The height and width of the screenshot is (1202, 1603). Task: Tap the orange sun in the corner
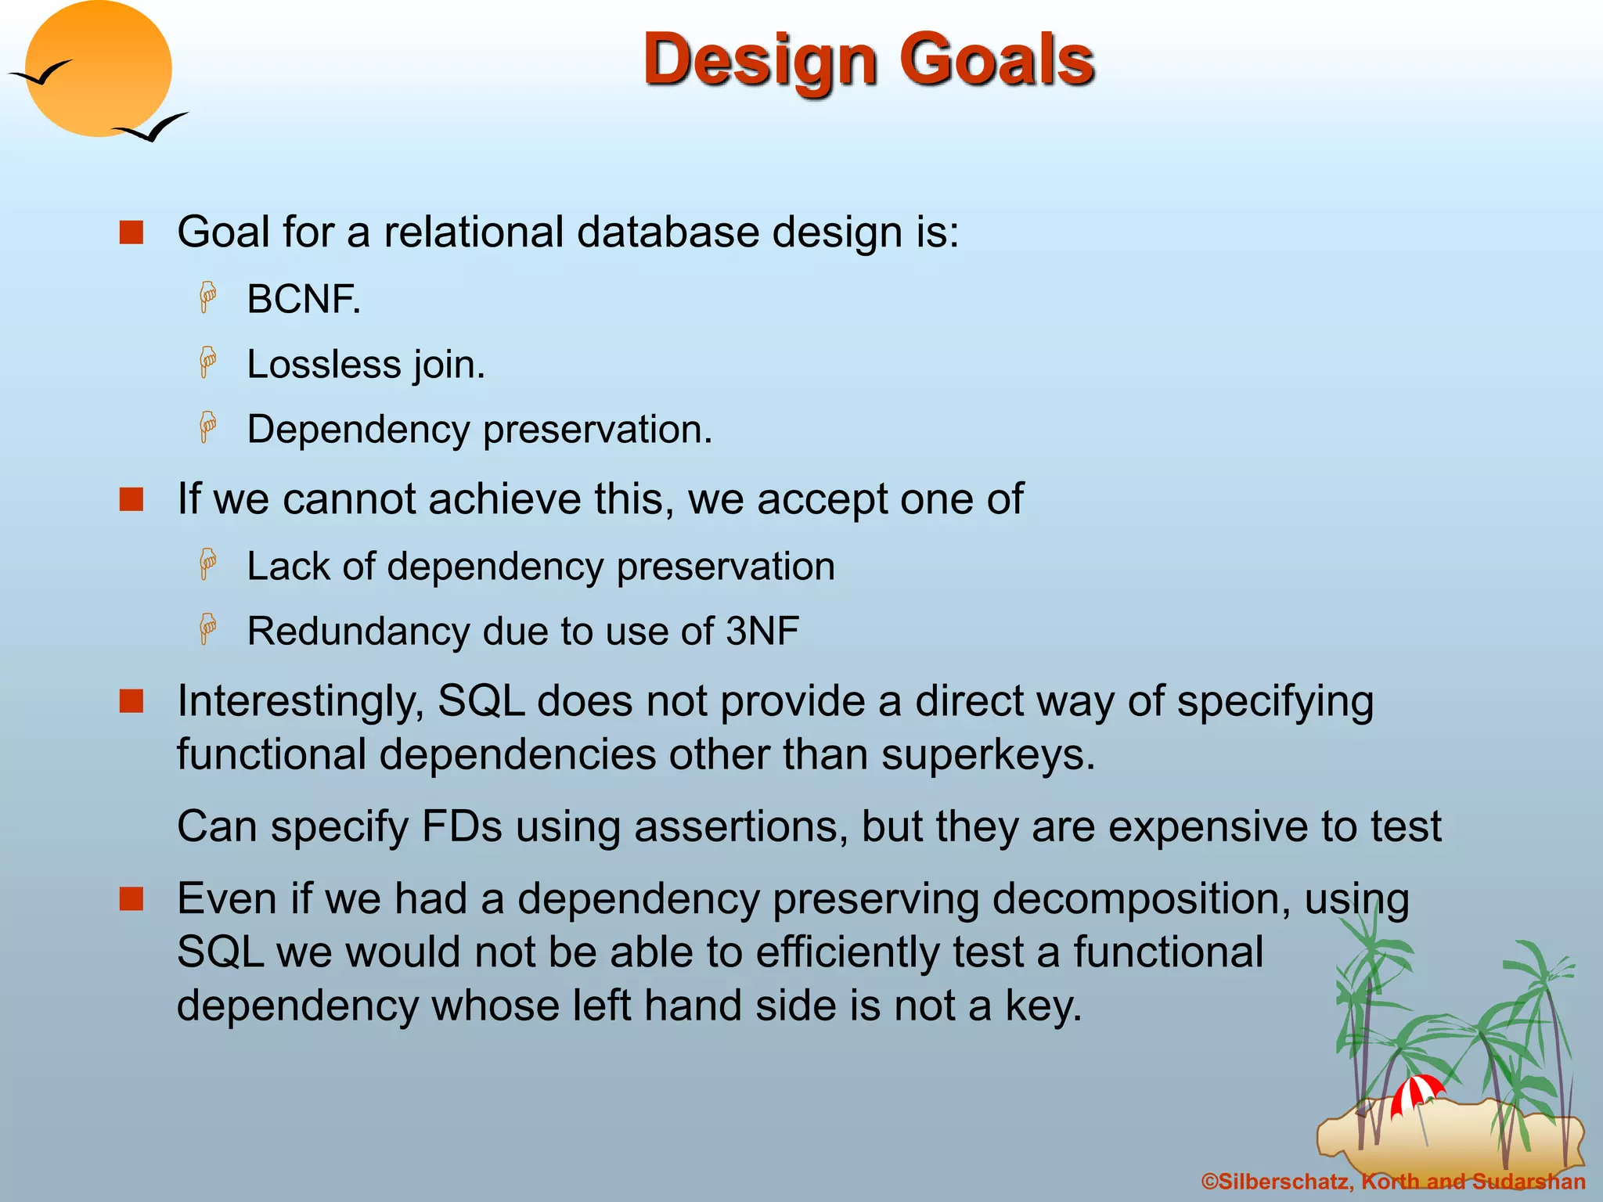pyautogui.click(x=98, y=69)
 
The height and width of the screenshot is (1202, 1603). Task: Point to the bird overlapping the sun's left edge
pyautogui.click(x=41, y=74)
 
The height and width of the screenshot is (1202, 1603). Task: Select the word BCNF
pyautogui.click(x=304, y=300)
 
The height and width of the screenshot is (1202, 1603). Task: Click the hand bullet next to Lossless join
pyautogui.click(x=207, y=363)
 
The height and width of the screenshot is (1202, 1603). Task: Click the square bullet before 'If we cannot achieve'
pyautogui.click(x=131, y=499)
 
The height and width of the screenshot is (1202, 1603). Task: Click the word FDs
pyautogui.click(x=461, y=827)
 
